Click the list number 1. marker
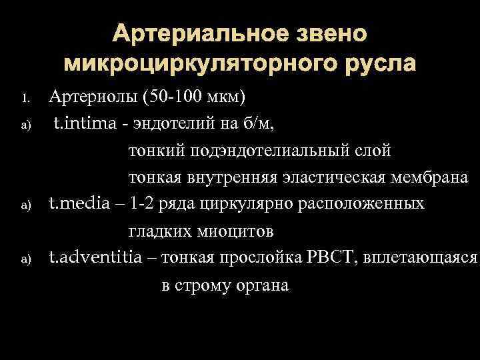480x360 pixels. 27,100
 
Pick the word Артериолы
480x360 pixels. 93,99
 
